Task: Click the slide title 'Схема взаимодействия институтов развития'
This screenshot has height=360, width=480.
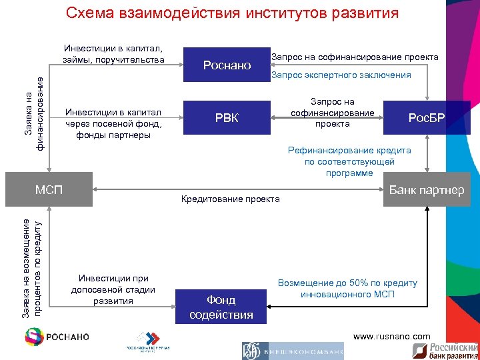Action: (233, 13)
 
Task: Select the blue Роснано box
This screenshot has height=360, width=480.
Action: (227, 65)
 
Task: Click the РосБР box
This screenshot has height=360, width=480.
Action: (427, 119)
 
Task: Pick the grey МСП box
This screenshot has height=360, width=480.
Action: (49, 190)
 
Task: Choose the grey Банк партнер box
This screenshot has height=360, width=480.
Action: (426, 190)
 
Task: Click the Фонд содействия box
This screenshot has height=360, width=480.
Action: (221, 307)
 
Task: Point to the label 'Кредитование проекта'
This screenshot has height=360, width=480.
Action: (231, 199)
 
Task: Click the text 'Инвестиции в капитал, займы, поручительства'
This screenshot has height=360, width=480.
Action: (113, 55)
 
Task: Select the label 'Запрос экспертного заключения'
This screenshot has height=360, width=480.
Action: (341, 75)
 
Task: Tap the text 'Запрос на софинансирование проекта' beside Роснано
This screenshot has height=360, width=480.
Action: (355, 57)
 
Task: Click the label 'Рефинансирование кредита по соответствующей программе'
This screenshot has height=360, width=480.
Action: (349, 161)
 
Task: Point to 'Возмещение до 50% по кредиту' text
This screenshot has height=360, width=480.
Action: (347, 288)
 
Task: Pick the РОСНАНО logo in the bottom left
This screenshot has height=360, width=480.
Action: (56, 337)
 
